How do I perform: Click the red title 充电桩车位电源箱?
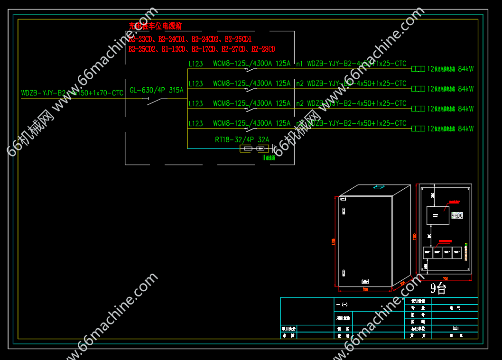click(x=155, y=26)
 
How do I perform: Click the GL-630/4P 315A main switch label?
click(x=156, y=90)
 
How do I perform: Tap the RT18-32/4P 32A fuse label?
click(x=242, y=140)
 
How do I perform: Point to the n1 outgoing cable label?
click(x=299, y=64)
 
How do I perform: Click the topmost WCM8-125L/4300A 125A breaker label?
click(x=251, y=64)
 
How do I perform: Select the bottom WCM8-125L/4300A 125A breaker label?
click(x=251, y=123)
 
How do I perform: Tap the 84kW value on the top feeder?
click(x=465, y=69)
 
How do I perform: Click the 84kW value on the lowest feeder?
click(x=465, y=129)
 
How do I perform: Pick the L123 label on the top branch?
click(x=195, y=64)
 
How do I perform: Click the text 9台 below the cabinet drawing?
click(x=438, y=288)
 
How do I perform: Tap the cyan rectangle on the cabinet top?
click(x=380, y=186)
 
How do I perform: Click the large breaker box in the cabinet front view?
click(x=437, y=215)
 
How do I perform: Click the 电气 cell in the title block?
click(x=455, y=308)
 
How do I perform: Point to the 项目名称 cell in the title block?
click(x=343, y=318)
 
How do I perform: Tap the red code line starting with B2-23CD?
click(x=190, y=39)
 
